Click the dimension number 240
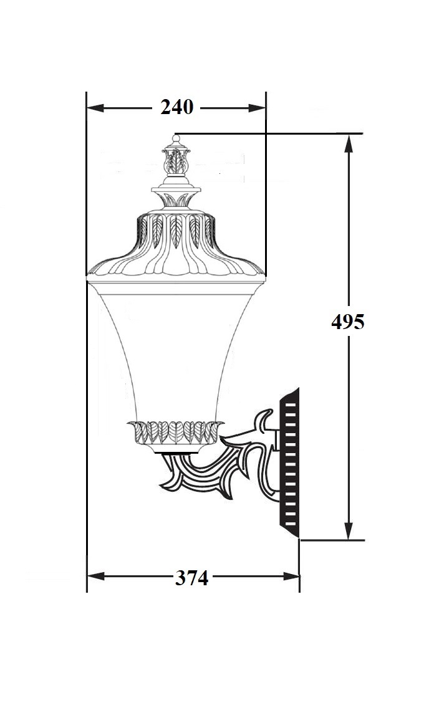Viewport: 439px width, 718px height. coord(177,108)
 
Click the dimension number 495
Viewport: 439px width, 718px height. coord(348,322)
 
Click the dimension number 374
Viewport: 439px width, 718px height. coord(191,578)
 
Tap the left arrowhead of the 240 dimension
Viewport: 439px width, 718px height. coord(95,108)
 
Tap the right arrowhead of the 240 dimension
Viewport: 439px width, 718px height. coord(257,108)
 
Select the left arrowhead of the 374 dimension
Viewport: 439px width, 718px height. coord(96,576)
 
